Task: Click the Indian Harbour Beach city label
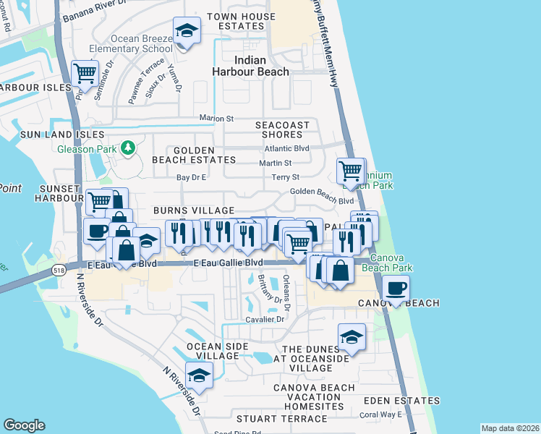[250, 66]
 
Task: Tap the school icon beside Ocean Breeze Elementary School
[187, 31]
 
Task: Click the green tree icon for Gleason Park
[128, 148]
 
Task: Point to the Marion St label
[217, 118]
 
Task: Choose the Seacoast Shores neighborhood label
[282, 129]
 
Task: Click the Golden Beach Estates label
[194, 159]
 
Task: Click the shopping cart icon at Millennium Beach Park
[351, 171]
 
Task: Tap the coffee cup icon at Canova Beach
[395, 288]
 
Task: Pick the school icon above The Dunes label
[352, 336]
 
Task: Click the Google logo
[24, 425]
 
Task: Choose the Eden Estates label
[401, 400]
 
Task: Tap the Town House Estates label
[241, 21]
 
